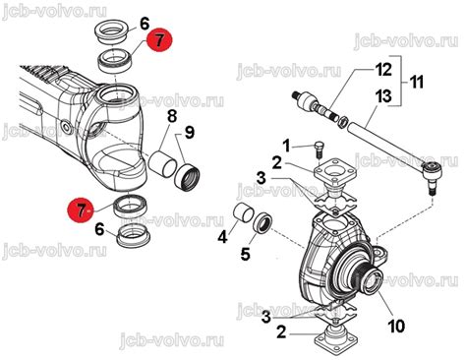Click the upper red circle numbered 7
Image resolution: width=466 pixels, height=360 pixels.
tap(159, 40)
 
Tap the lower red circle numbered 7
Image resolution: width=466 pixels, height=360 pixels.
tap(81, 210)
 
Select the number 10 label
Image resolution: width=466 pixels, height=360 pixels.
tap(396, 326)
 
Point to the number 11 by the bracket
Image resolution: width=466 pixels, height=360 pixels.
tap(417, 82)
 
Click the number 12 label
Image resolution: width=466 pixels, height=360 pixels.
tap(383, 70)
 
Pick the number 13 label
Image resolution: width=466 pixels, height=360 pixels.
tap(383, 96)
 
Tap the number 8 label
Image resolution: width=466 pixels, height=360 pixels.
tap(172, 116)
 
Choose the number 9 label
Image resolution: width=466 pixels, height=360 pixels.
tap(189, 133)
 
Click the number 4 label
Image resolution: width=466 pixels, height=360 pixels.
tap(222, 236)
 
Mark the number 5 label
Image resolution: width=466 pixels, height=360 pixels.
tap(245, 254)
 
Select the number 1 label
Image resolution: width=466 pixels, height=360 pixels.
tap(286, 147)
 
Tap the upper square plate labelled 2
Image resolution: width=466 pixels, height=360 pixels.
tap(335, 171)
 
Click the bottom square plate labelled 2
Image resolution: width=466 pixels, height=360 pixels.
tap(334, 335)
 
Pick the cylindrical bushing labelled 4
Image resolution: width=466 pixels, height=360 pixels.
tap(243, 213)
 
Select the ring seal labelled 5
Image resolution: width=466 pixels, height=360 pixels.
tap(262, 223)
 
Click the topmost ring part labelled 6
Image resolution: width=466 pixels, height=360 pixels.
tap(112, 32)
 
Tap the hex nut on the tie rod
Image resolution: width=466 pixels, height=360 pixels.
tap(343, 122)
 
